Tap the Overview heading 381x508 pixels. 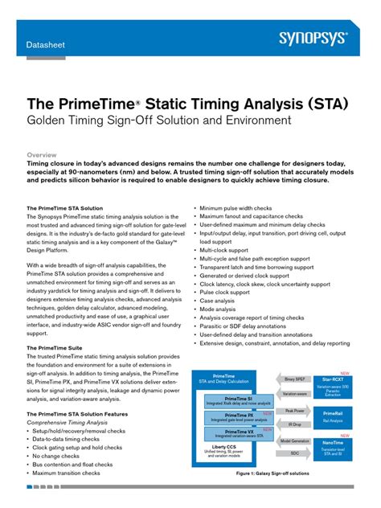pos(42,154)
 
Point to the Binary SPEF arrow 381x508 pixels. pos(295,378)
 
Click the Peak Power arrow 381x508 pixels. pos(295,410)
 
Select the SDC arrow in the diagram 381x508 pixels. pos(295,453)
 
